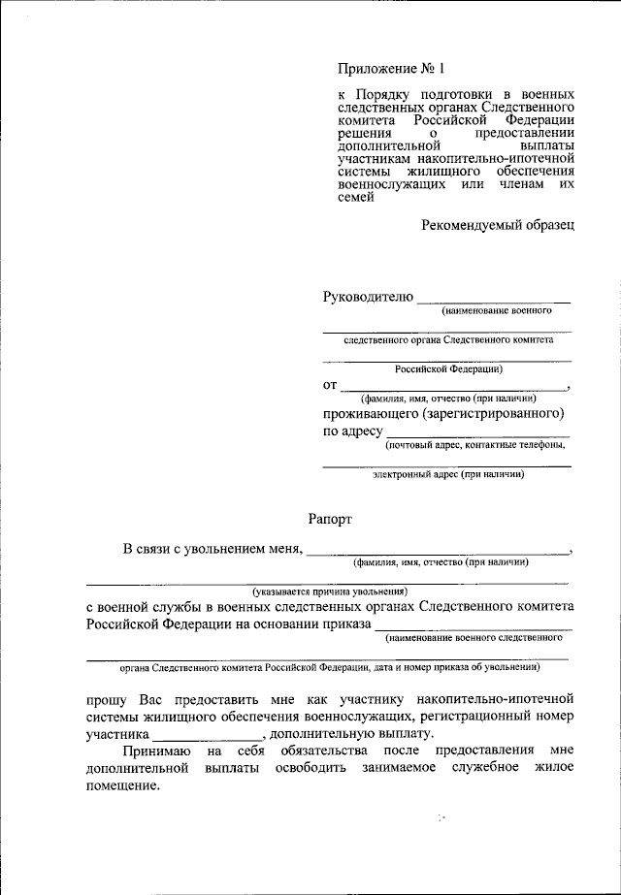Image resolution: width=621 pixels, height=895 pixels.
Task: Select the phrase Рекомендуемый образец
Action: (x=498, y=225)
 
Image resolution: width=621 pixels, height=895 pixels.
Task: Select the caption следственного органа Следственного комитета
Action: (x=448, y=341)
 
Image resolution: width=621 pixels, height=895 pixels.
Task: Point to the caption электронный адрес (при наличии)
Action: (x=448, y=475)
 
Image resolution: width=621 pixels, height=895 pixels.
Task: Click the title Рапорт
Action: (x=331, y=519)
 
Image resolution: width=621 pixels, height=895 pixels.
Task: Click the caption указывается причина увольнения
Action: (x=329, y=591)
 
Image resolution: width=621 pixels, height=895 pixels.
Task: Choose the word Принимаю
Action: (x=149, y=751)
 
